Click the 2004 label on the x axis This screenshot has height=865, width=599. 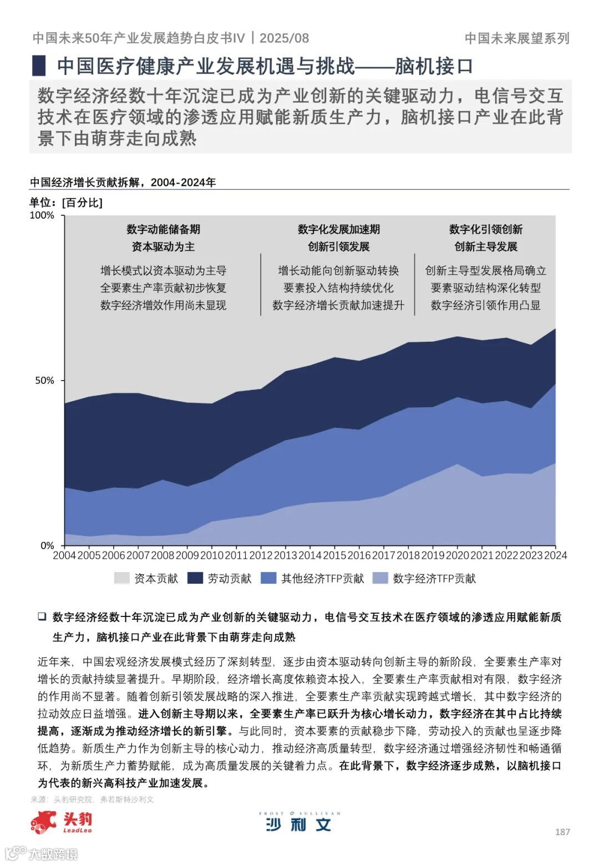(x=64, y=555)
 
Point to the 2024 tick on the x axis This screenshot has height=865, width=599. (x=555, y=555)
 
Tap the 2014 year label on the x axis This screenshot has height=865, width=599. (x=310, y=555)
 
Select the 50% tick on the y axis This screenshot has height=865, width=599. (x=44, y=381)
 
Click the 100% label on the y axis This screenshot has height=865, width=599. (x=42, y=215)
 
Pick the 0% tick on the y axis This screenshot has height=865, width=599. (x=47, y=546)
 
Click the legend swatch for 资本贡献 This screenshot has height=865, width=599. (x=121, y=578)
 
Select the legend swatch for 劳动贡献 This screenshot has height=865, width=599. (x=195, y=578)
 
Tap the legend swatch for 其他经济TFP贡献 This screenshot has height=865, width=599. (x=268, y=578)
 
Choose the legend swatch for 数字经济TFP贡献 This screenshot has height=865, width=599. (x=380, y=578)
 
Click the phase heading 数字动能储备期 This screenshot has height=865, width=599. (x=163, y=229)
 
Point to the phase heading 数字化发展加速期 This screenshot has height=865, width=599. (x=338, y=229)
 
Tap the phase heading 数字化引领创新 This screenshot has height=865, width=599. (x=486, y=229)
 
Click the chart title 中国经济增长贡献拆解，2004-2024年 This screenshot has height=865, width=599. (x=123, y=182)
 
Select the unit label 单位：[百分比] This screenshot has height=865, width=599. (x=66, y=203)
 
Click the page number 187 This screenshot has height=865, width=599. (x=562, y=832)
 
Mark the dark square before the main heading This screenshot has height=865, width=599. (x=39, y=66)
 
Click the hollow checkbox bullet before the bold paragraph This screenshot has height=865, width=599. (x=42, y=617)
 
